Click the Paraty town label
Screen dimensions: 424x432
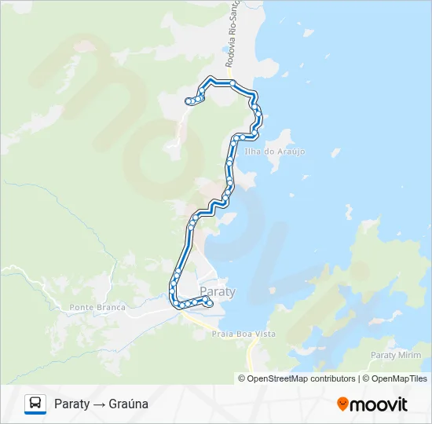tap(218, 291)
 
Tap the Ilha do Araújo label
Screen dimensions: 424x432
tap(275, 152)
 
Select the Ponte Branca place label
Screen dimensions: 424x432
tap(97, 307)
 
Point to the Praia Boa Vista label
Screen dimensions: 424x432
tap(243, 334)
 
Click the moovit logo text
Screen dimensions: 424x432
tap(379, 404)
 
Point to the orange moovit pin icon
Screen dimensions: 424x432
tap(342, 404)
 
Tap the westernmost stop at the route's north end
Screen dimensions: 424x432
tap(188, 101)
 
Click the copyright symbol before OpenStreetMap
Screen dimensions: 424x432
tap(243, 378)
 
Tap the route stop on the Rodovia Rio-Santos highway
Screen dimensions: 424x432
tap(232, 82)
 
